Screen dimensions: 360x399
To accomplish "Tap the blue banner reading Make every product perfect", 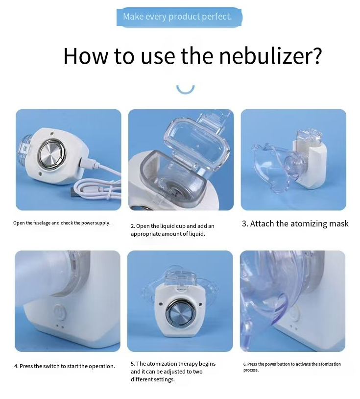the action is (x=179, y=17).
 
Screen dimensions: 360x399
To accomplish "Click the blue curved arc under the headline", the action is (x=185, y=90).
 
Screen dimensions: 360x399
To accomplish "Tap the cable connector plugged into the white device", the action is (x=88, y=162).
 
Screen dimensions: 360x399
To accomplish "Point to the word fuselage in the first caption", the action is (x=42, y=223).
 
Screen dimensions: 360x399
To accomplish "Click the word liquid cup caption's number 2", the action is (x=133, y=226).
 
